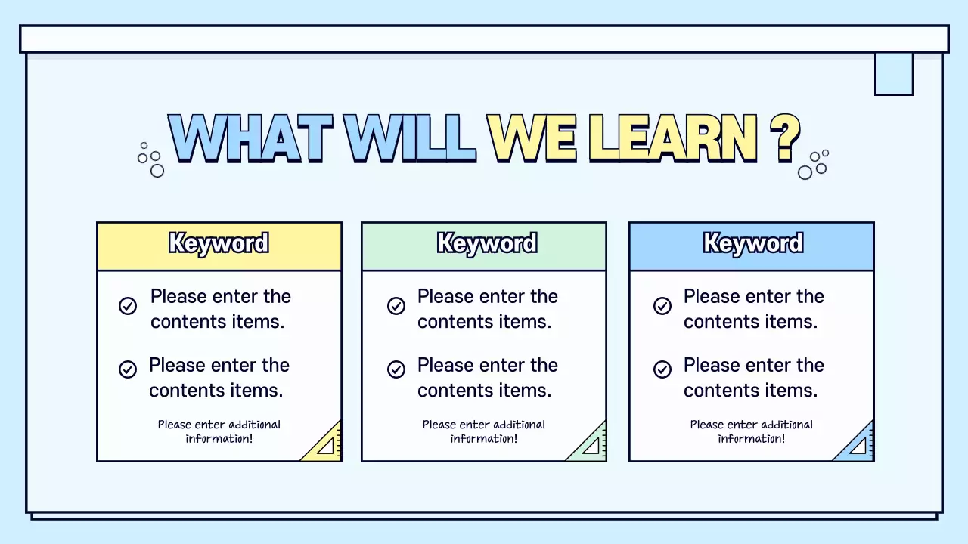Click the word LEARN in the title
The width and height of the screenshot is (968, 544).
(672, 139)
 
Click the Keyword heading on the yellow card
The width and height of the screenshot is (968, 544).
(219, 244)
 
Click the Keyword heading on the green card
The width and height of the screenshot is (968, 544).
(487, 244)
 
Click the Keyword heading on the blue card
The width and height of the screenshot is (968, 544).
(752, 244)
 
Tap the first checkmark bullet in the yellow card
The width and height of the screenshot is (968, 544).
(128, 306)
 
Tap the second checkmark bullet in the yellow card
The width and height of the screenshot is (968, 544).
(128, 369)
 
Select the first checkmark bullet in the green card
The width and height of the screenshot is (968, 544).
(396, 306)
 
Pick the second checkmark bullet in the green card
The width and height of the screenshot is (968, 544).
(396, 369)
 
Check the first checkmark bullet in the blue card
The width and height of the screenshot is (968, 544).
(662, 306)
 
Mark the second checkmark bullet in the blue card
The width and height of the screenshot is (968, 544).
(662, 369)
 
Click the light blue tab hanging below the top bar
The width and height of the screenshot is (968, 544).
(894, 73)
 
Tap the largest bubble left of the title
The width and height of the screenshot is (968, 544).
(157, 171)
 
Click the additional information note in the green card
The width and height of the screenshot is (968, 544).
(484, 431)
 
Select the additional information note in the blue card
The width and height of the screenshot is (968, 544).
(752, 431)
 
